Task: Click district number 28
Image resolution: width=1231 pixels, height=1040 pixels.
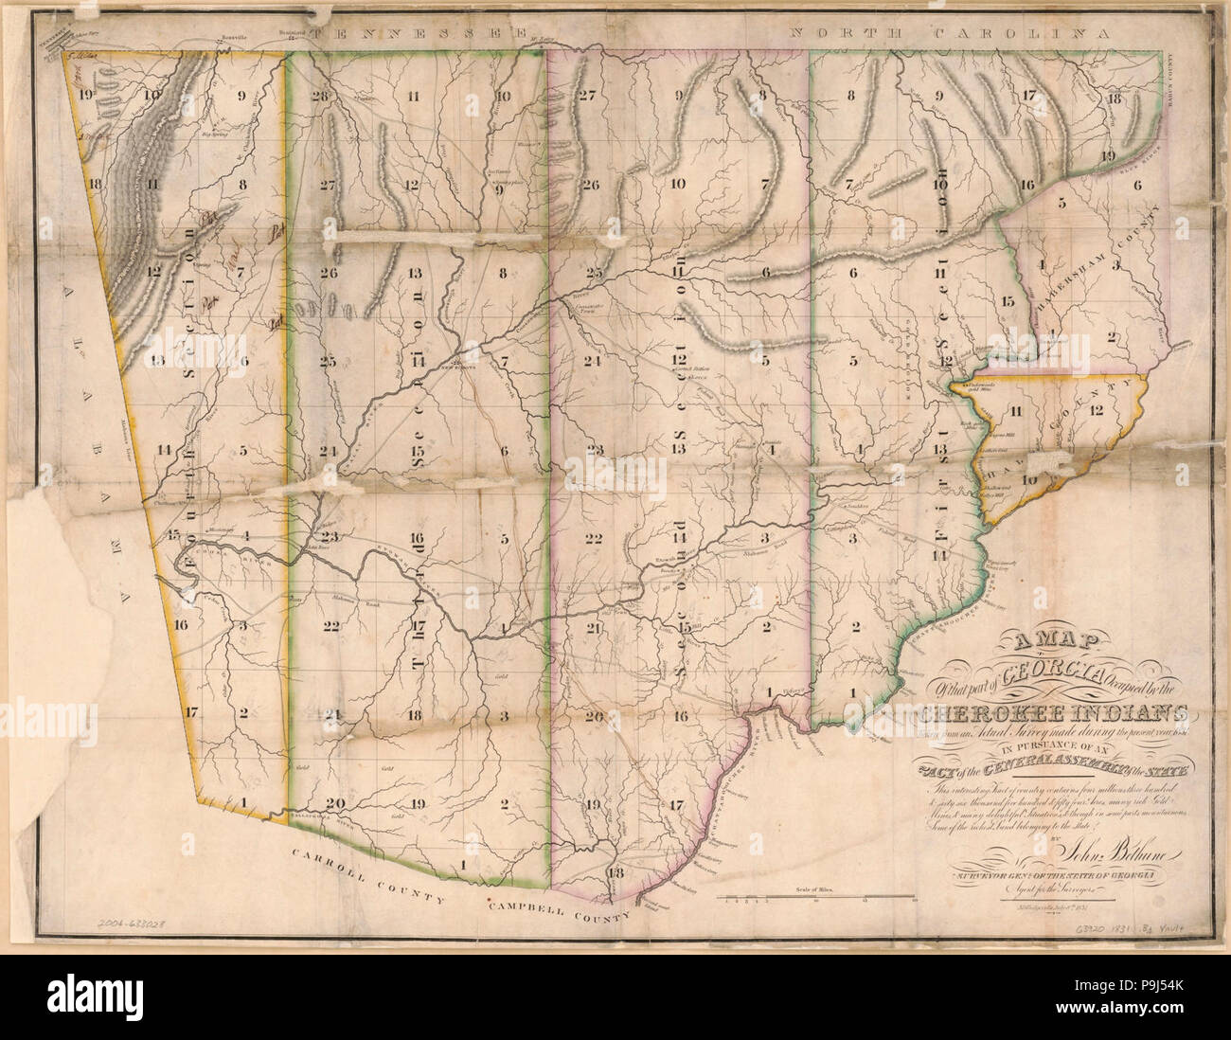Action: (x=318, y=97)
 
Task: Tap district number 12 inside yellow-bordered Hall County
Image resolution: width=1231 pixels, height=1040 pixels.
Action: (x=1097, y=410)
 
